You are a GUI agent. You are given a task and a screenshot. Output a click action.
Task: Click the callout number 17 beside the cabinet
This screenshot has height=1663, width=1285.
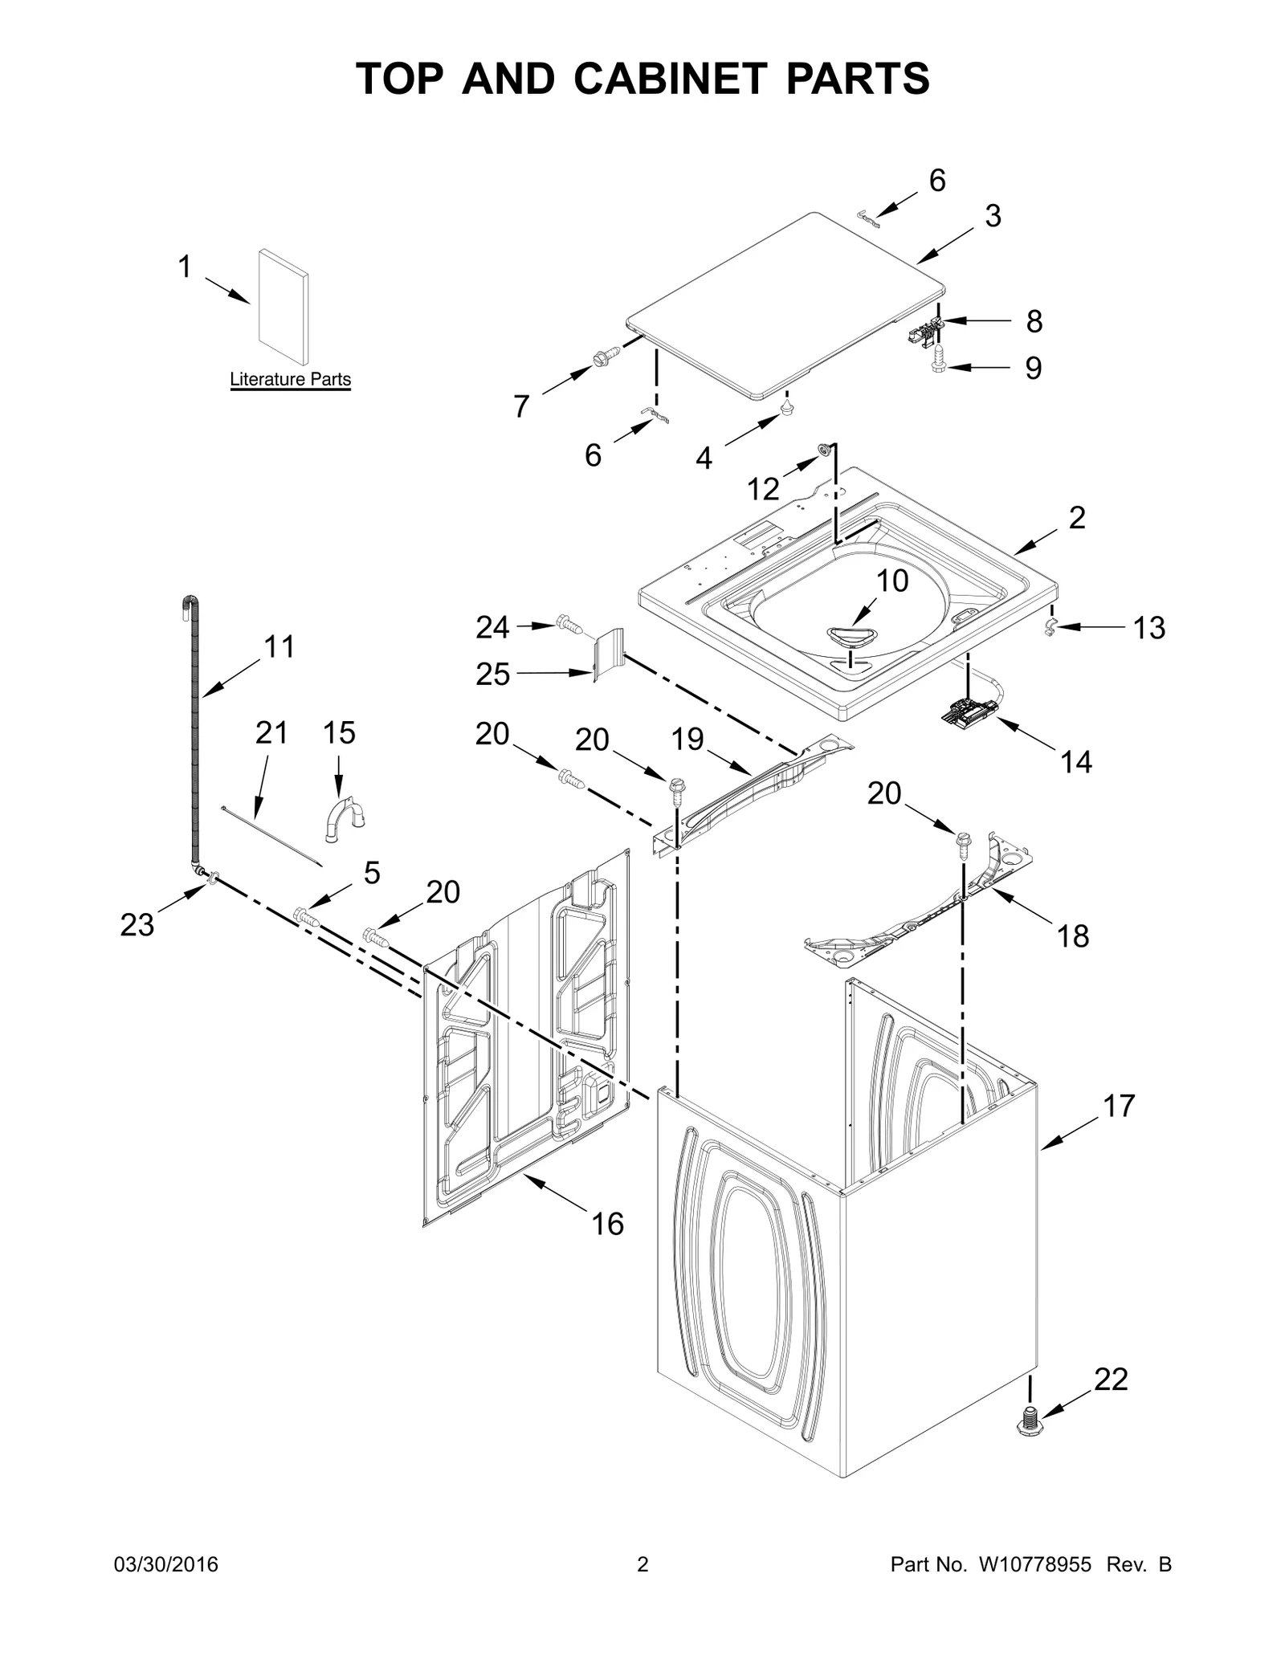1119,1106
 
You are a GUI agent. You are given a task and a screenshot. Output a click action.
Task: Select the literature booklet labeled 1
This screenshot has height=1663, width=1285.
284,307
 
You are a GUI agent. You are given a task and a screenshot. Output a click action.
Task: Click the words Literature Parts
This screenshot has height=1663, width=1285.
290,379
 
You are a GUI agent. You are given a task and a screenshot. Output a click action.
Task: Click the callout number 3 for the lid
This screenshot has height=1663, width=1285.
993,216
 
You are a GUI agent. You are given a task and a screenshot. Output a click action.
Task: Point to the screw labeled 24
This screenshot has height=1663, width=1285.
569,624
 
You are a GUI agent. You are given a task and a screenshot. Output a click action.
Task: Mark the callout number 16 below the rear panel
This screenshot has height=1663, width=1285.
607,1224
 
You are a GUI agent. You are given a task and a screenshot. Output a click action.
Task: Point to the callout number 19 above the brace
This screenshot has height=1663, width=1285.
687,739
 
